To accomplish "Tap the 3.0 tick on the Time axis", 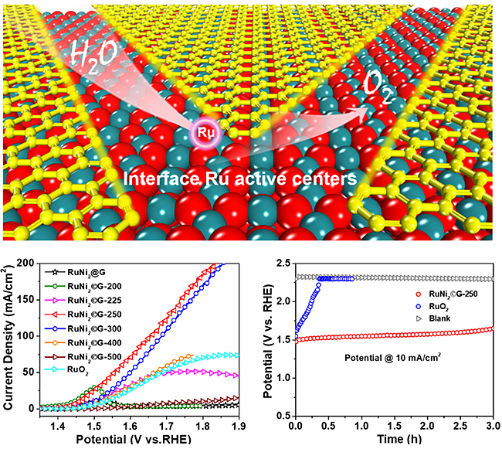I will (491, 424).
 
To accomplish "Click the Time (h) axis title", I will (394, 438).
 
